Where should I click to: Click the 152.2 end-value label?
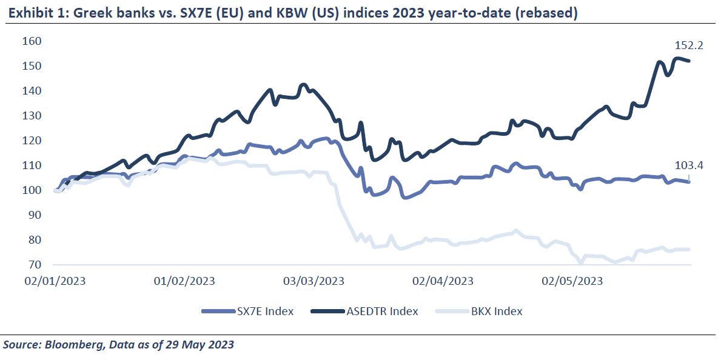coord(688,46)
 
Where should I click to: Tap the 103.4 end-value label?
coord(688,165)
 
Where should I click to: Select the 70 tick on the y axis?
coord(34,265)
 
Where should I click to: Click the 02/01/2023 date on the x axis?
coord(55,281)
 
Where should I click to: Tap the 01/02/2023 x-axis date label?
coord(184,281)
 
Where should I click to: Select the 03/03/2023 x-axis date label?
coord(314,281)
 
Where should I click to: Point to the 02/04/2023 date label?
coord(443,281)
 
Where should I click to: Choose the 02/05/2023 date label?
coord(572,281)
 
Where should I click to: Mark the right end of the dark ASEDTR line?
coord(689,61)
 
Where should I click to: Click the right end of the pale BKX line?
coord(689,250)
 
